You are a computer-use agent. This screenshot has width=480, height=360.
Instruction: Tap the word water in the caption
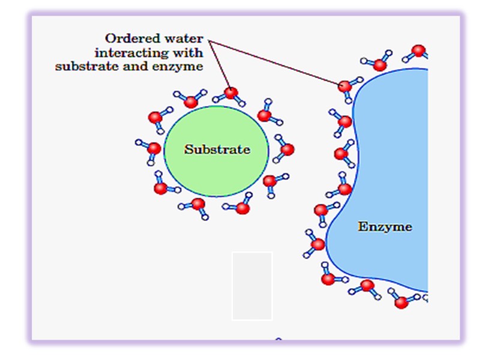click(x=185, y=38)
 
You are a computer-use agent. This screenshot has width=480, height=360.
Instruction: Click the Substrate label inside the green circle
click(x=217, y=149)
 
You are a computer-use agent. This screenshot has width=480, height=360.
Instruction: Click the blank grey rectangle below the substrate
click(x=252, y=286)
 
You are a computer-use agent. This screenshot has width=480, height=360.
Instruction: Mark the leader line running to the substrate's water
click(x=220, y=66)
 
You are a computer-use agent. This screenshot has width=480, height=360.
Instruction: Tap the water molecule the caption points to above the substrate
click(x=231, y=94)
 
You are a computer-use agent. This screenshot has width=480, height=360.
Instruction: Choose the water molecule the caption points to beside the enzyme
click(x=345, y=86)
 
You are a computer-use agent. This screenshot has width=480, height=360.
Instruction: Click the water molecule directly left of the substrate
click(x=153, y=148)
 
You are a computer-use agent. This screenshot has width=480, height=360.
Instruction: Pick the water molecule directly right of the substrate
click(x=286, y=149)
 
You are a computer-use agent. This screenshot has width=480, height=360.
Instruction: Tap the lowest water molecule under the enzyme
click(x=401, y=301)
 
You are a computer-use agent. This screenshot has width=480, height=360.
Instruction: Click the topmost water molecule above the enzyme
click(x=419, y=51)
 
